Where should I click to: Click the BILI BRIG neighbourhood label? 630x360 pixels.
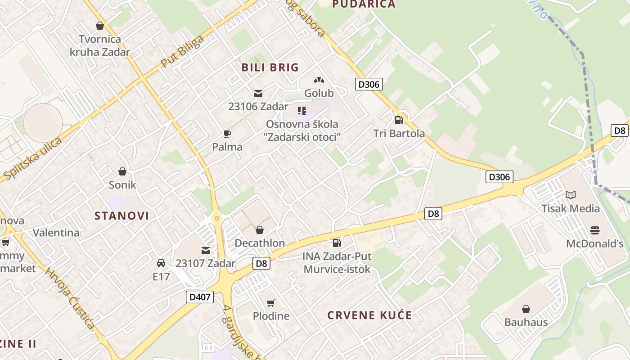tap(270, 67)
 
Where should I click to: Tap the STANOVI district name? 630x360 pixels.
tap(121, 216)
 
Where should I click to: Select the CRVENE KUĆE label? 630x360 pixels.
tap(369, 315)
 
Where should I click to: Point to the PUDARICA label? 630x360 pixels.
tap(364, 4)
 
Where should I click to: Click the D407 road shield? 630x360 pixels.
tap(200, 297)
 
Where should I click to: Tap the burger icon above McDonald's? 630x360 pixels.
tap(595, 231)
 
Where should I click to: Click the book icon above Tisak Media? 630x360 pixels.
tap(571, 195)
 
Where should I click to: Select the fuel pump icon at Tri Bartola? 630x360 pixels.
tap(399, 120)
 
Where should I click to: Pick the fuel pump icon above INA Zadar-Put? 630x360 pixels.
tap(337, 243)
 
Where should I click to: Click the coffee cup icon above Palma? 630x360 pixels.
tap(227, 134)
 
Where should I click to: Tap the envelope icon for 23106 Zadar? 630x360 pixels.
tap(258, 94)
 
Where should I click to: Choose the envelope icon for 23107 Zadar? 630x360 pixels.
tap(206, 250)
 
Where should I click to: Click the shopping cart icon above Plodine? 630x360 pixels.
tap(270, 303)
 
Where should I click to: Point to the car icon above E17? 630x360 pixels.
tap(161, 263)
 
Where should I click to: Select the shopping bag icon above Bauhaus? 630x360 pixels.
tap(526, 309)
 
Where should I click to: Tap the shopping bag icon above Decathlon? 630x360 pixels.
tap(260, 230)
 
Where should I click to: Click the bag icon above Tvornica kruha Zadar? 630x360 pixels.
tap(100, 26)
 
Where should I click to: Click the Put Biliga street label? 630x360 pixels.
tap(182, 51)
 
